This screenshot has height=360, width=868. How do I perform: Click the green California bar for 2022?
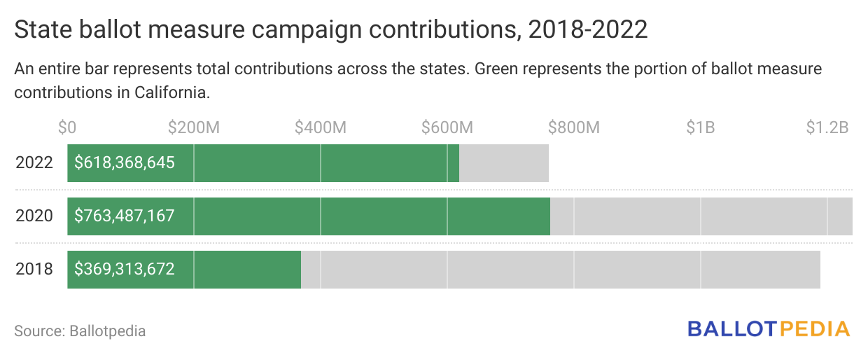click(x=315, y=163)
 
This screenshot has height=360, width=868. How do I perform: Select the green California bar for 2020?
click(x=364, y=216)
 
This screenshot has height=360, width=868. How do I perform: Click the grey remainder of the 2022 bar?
click(x=503, y=163)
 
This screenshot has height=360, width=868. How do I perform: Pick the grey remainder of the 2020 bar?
click(x=700, y=216)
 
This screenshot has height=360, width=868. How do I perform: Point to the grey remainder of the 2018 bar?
click(x=560, y=269)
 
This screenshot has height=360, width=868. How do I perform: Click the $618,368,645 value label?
click(x=125, y=163)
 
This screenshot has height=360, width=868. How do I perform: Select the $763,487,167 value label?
click(x=125, y=216)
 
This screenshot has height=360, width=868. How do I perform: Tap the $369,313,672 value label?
click(x=125, y=269)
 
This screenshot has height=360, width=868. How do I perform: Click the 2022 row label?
click(x=34, y=163)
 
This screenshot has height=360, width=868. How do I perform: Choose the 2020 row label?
click(x=34, y=216)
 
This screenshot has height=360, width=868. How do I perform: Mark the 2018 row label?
click(x=34, y=269)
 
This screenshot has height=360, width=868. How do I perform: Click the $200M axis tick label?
click(x=194, y=127)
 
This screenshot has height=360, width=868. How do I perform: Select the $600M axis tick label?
click(x=447, y=127)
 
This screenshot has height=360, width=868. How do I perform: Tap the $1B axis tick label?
click(x=700, y=127)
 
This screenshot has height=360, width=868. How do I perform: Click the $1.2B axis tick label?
click(x=827, y=127)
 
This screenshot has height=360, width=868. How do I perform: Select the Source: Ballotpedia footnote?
click(x=80, y=331)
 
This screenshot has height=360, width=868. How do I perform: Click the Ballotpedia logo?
click(x=769, y=328)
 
